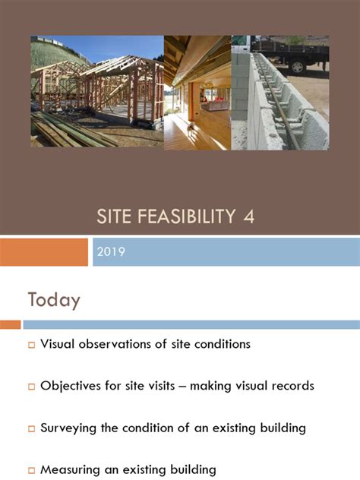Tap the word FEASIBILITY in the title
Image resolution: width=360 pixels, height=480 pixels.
click(x=188, y=217)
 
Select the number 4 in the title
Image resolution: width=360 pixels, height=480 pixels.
click(x=248, y=217)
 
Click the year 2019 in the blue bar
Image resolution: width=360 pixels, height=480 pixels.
click(x=111, y=252)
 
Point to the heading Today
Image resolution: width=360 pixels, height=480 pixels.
click(x=54, y=300)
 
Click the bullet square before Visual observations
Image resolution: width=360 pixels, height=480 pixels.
click(x=32, y=345)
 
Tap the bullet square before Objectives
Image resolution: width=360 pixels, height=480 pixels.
click(x=32, y=387)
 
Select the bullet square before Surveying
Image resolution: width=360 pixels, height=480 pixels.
click(x=32, y=428)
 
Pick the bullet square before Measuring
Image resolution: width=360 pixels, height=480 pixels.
click(x=32, y=470)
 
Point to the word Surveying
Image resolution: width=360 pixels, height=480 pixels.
click(x=69, y=428)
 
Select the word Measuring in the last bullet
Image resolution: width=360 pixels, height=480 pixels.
click(x=70, y=469)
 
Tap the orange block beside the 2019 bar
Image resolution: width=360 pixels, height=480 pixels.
click(x=44, y=252)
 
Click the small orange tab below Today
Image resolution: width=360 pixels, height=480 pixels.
click(x=10, y=324)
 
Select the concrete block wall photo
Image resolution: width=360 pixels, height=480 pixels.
click(x=280, y=93)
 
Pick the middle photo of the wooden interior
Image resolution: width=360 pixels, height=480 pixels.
click(x=197, y=93)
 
